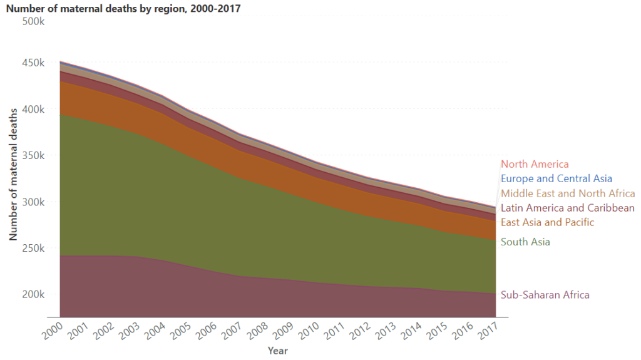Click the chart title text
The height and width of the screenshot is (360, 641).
click(123, 9)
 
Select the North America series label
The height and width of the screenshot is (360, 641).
click(535, 165)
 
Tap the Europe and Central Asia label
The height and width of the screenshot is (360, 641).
click(556, 179)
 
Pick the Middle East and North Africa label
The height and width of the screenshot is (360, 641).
click(568, 193)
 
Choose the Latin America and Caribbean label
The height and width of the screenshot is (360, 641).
click(568, 208)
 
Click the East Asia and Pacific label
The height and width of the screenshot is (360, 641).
click(547, 222)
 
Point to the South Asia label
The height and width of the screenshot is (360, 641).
click(525, 242)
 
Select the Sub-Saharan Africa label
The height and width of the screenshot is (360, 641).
click(545, 295)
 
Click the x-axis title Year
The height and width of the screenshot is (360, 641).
click(278, 351)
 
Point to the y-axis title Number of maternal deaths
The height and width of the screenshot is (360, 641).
click(13, 173)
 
